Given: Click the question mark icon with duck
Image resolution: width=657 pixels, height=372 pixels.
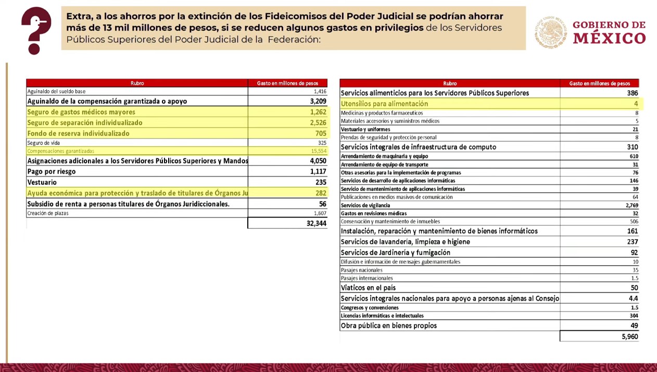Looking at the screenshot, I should [x=36, y=30].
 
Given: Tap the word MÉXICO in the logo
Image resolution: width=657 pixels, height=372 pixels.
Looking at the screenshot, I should [x=609, y=38].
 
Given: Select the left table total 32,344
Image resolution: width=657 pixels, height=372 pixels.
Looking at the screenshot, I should [x=316, y=224].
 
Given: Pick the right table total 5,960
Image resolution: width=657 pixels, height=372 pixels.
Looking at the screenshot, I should [x=629, y=337].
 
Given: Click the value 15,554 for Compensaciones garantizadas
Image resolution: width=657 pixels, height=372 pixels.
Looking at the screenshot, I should [x=318, y=151].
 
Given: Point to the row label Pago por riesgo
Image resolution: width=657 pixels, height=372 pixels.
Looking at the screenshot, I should [x=52, y=171].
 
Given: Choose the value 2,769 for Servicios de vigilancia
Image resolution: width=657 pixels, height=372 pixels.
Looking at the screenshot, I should [x=631, y=205].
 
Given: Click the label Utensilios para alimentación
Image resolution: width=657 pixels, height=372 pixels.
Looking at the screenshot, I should [x=384, y=104].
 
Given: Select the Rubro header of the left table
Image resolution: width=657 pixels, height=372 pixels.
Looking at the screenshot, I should [x=137, y=83].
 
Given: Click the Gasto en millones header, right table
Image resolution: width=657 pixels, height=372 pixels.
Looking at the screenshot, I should [x=599, y=83].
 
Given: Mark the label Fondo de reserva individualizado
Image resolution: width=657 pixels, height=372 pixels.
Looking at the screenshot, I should [x=78, y=133].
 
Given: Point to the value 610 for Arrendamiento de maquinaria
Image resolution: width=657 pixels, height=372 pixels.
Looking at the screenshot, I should [x=633, y=156].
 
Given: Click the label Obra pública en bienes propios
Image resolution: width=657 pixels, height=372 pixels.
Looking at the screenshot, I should [x=388, y=326].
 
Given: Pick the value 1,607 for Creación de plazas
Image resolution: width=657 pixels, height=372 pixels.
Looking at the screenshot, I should [x=320, y=213].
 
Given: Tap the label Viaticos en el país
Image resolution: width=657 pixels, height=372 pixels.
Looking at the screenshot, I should [x=368, y=288].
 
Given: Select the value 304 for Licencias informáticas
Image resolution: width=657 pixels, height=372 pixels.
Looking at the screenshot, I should [x=634, y=316].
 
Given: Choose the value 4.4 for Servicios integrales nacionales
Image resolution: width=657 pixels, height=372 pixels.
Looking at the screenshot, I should [x=634, y=299].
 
